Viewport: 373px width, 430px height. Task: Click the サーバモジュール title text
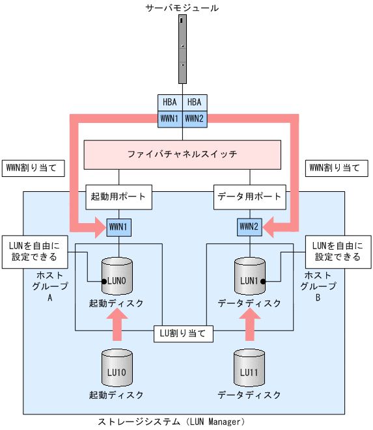(x=182, y=8)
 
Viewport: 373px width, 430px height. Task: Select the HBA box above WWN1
(x=170, y=102)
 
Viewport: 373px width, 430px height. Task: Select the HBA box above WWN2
(x=195, y=102)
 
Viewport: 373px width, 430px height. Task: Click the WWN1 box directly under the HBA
(x=170, y=118)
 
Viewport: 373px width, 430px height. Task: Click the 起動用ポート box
(x=118, y=196)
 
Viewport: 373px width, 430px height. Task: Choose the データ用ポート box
(x=250, y=196)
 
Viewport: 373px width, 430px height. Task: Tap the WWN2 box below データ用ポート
(x=250, y=227)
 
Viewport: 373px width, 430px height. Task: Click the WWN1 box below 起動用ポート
(x=118, y=227)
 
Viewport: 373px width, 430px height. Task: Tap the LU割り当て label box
(x=184, y=334)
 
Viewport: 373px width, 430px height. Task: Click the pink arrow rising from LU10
(x=118, y=323)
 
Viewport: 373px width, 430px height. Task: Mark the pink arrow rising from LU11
(x=250, y=323)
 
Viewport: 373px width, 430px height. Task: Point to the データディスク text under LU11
(x=250, y=395)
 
